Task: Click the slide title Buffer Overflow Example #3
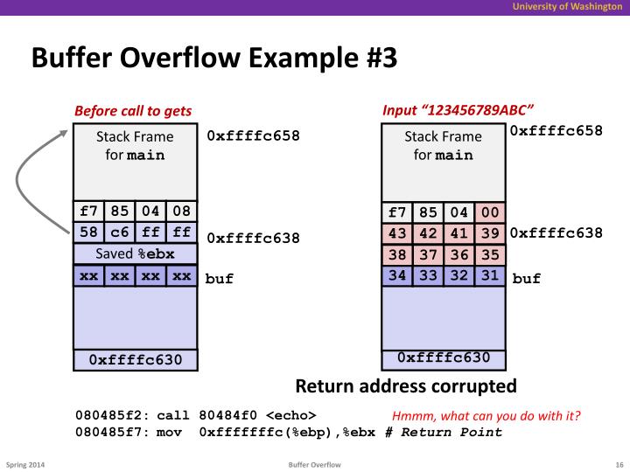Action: tap(214, 59)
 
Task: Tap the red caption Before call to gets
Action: tap(133, 111)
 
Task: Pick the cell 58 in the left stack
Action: tap(87, 233)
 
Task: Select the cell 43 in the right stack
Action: tap(396, 233)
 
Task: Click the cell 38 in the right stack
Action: tap(396, 256)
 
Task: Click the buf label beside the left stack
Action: tap(220, 280)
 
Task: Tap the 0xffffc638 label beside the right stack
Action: tap(556, 233)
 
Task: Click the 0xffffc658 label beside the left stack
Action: tap(253, 136)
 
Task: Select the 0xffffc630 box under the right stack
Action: tap(443, 358)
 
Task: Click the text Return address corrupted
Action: tap(406, 385)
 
